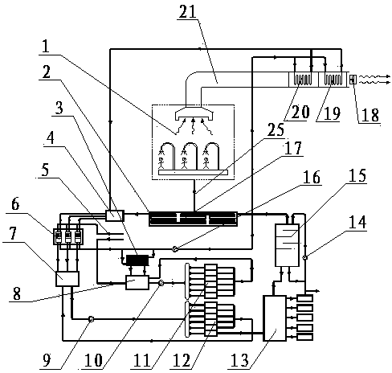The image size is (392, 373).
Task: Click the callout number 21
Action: click(x=188, y=12)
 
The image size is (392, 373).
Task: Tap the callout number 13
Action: click(x=239, y=359)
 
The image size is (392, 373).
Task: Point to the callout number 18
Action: click(x=370, y=115)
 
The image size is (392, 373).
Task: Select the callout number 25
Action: click(x=276, y=130)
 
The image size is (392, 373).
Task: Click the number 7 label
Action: click(x=14, y=234)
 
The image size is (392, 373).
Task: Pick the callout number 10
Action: click(x=93, y=359)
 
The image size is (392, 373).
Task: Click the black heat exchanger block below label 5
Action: click(x=137, y=260)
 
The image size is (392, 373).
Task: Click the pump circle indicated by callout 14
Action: click(x=304, y=257)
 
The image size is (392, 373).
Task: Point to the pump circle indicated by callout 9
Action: click(x=92, y=319)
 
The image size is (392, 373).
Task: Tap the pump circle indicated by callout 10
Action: click(x=161, y=282)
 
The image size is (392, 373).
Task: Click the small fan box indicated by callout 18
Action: click(x=353, y=80)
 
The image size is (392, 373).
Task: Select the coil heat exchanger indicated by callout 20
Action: click(x=303, y=80)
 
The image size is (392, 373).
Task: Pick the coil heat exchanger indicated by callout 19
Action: click(x=333, y=80)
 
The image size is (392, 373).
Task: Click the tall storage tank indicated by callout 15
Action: click(x=287, y=245)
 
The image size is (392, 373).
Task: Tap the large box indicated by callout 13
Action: click(x=275, y=318)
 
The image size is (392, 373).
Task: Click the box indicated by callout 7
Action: click(x=67, y=279)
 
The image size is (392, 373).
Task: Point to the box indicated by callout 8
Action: click(x=137, y=282)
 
